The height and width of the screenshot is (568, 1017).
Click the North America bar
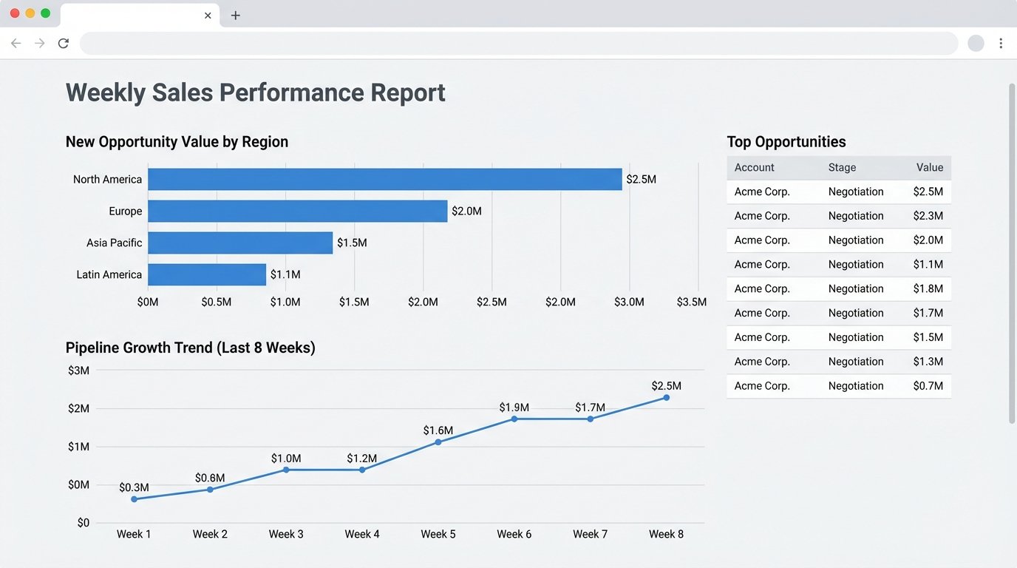(x=384, y=179)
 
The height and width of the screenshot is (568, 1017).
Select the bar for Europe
(x=297, y=211)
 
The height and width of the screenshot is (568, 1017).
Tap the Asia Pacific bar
(x=240, y=243)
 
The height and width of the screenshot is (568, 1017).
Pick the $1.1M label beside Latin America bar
(x=285, y=274)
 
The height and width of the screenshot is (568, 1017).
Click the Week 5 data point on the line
(x=438, y=442)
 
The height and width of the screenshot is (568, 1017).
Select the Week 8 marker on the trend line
(x=666, y=398)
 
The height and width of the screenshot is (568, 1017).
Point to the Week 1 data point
(x=134, y=499)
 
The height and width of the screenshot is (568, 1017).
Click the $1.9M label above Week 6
(x=514, y=408)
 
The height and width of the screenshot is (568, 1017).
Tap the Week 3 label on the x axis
(x=286, y=534)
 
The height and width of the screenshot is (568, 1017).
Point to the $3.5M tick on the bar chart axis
(x=691, y=302)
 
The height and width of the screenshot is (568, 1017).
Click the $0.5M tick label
(x=217, y=302)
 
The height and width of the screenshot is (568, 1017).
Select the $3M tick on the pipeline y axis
(x=78, y=371)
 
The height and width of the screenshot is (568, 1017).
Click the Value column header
(x=929, y=168)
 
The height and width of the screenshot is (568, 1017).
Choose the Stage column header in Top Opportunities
(x=842, y=168)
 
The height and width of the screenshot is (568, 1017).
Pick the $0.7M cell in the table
(x=928, y=386)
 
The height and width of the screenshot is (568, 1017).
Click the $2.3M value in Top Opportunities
(x=928, y=216)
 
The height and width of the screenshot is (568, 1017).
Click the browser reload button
(x=64, y=44)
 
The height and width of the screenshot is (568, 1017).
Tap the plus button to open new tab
(x=236, y=16)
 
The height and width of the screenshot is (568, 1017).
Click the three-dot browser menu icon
(x=1001, y=44)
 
